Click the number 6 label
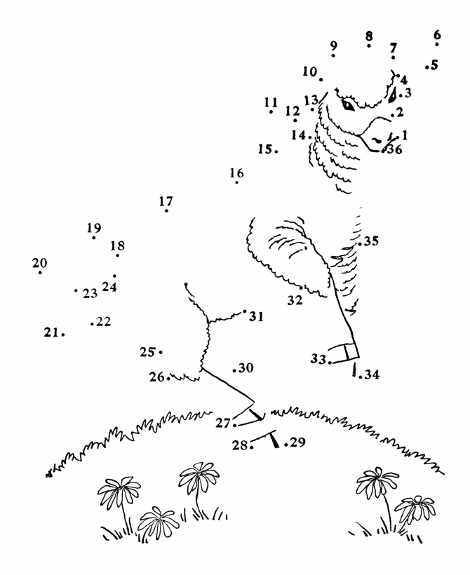[x=437, y=35]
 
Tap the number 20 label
[x=39, y=263]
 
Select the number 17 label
[x=166, y=201]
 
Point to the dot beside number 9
[x=333, y=55]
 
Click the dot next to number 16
[x=236, y=182]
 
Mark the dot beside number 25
[x=161, y=353]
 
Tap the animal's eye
[x=348, y=105]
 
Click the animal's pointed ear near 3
[x=393, y=95]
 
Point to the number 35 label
[x=371, y=241]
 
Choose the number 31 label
[x=257, y=316]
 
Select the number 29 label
[x=297, y=442]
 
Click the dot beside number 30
[x=234, y=370]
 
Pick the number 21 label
[x=51, y=332]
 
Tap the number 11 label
[x=271, y=102]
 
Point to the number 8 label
[x=369, y=36]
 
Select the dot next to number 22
[x=92, y=324]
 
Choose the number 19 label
[x=94, y=228]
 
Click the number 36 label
[x=395, y=149]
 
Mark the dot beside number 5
[x=427, y=67]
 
